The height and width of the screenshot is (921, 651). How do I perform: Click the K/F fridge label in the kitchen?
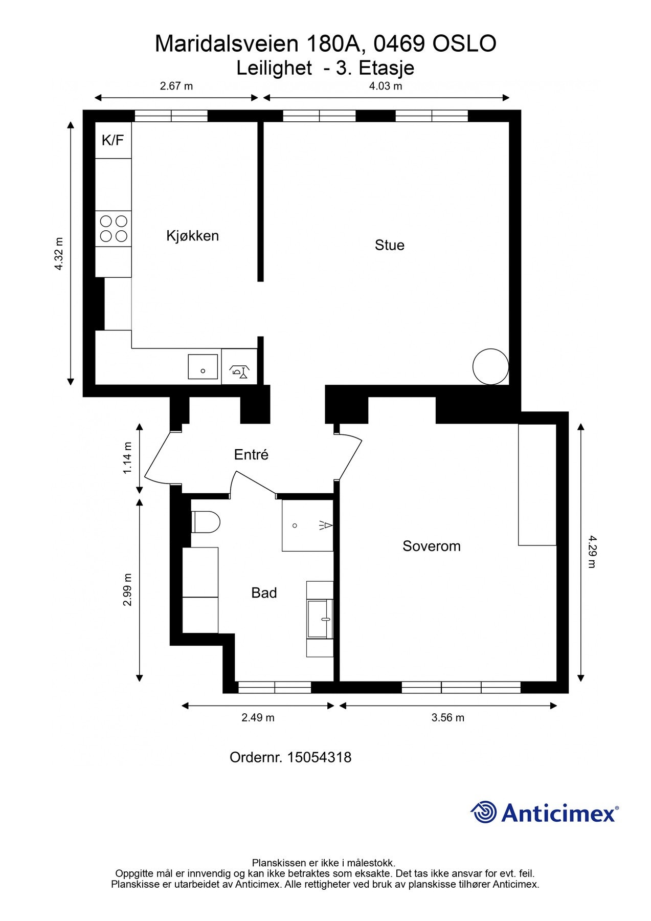pos(113,140)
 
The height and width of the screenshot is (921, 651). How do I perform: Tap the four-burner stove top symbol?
pos(114,229)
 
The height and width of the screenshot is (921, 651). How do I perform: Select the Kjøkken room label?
pos(192,236)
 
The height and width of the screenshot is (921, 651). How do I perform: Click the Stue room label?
pos(389,245)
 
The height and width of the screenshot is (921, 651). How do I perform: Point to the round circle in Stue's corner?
pos(490,366)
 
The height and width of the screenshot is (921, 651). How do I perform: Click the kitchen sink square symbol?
pos(203,366)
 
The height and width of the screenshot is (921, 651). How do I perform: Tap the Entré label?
pos(251,454)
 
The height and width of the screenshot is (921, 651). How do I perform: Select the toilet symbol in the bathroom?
pos(206,522)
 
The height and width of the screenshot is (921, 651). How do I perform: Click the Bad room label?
pos(264,593)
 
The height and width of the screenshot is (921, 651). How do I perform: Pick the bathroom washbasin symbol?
pos(320,619)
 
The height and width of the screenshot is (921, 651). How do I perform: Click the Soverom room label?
pos(431,546)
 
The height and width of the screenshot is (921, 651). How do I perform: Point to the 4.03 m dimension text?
pos(386,86)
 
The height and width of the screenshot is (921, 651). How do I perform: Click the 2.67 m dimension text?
pos(176,86)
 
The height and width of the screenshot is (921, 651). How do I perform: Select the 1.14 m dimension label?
pos(127,458)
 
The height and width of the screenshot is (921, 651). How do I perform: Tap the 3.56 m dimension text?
pos(447,718)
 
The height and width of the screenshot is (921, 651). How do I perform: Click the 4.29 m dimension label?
pos(591,552)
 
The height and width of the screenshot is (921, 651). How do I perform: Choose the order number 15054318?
pos(319,757)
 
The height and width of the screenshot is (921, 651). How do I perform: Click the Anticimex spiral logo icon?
pos(484,812)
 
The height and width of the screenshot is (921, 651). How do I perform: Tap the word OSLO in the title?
pos(464,44)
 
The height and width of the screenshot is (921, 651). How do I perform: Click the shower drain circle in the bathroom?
pos(295,525)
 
